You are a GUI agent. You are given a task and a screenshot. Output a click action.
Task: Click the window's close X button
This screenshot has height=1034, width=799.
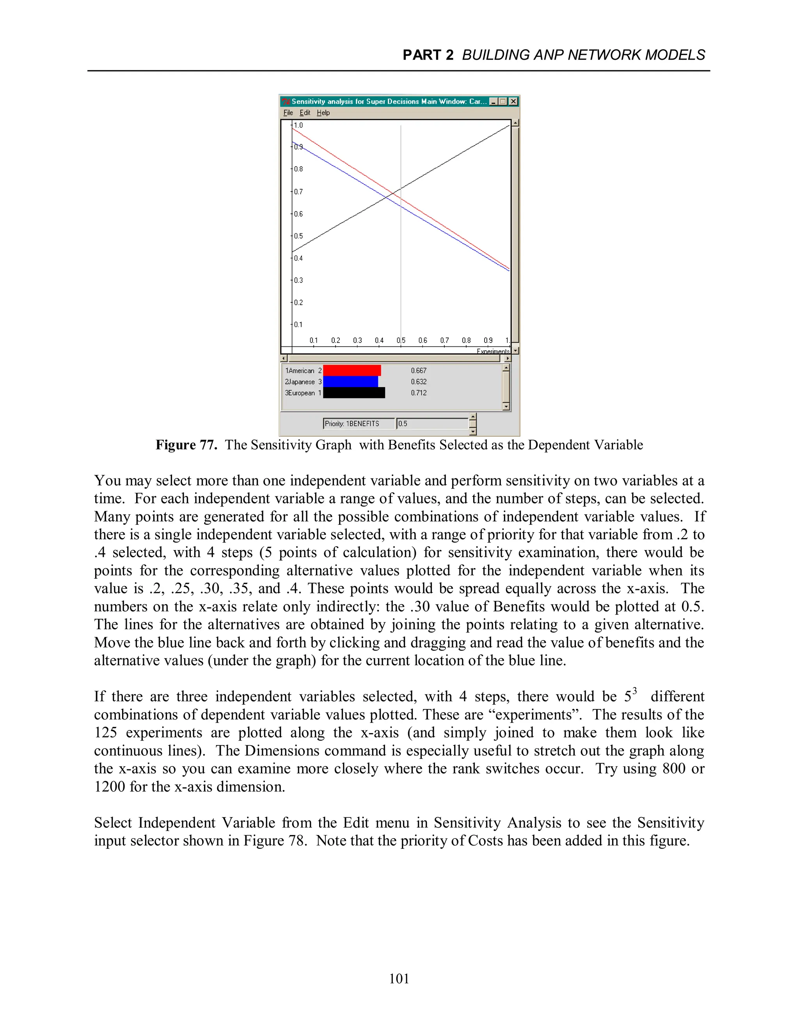(513, 101)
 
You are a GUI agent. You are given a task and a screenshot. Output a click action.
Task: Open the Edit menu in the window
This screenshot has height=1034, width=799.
(305, 113)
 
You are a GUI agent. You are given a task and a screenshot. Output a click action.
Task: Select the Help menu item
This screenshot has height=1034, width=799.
(323, 113)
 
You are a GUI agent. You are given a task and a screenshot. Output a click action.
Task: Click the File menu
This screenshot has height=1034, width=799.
(288, 113)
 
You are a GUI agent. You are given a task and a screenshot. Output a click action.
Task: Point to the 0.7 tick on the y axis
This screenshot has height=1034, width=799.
(298, 192)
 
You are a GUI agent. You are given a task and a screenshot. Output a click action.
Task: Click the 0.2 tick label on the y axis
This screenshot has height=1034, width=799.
(298, 302)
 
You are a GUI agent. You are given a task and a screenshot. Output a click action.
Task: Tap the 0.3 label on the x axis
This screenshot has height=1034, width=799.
(357, 340)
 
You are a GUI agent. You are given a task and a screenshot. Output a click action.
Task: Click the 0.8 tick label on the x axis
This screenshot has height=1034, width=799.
(466, 340)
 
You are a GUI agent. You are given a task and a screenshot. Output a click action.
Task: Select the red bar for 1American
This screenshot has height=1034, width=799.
(352, 371)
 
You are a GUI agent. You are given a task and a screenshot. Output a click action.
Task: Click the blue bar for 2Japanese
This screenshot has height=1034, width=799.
(350, 382)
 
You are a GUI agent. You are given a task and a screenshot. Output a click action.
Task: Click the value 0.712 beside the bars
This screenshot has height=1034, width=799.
(419, 393)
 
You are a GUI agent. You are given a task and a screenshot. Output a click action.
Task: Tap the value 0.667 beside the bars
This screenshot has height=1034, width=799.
(419, 371)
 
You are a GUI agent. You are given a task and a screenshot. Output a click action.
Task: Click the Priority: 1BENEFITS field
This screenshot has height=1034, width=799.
(358, 424)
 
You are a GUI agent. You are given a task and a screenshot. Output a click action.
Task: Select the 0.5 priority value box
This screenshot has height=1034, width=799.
(432, 424)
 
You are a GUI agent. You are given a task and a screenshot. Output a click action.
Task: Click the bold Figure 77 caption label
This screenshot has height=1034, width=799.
(186, 445)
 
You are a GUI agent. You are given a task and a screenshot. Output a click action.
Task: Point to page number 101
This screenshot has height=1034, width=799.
(399, 979)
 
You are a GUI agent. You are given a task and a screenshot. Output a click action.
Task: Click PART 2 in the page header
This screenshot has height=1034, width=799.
(428, 55)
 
